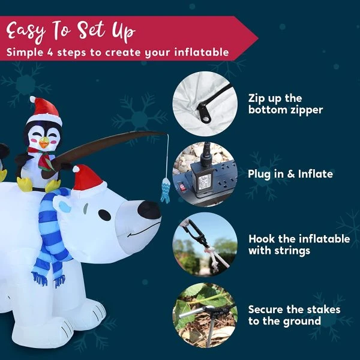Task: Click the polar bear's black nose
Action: click(149, 209)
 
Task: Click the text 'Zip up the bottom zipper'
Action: click(285, 104)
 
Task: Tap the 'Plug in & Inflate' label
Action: click(290, 174)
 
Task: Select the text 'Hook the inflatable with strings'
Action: click(298, 244)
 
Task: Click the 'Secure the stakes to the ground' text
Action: click(294, 315)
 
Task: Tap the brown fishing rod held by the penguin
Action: click(108, 144)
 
